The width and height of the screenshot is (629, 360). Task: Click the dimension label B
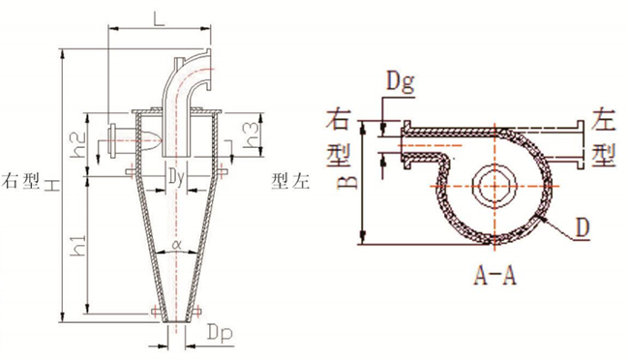pos(345,182)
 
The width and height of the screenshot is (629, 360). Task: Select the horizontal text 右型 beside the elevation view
pos(23,181)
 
